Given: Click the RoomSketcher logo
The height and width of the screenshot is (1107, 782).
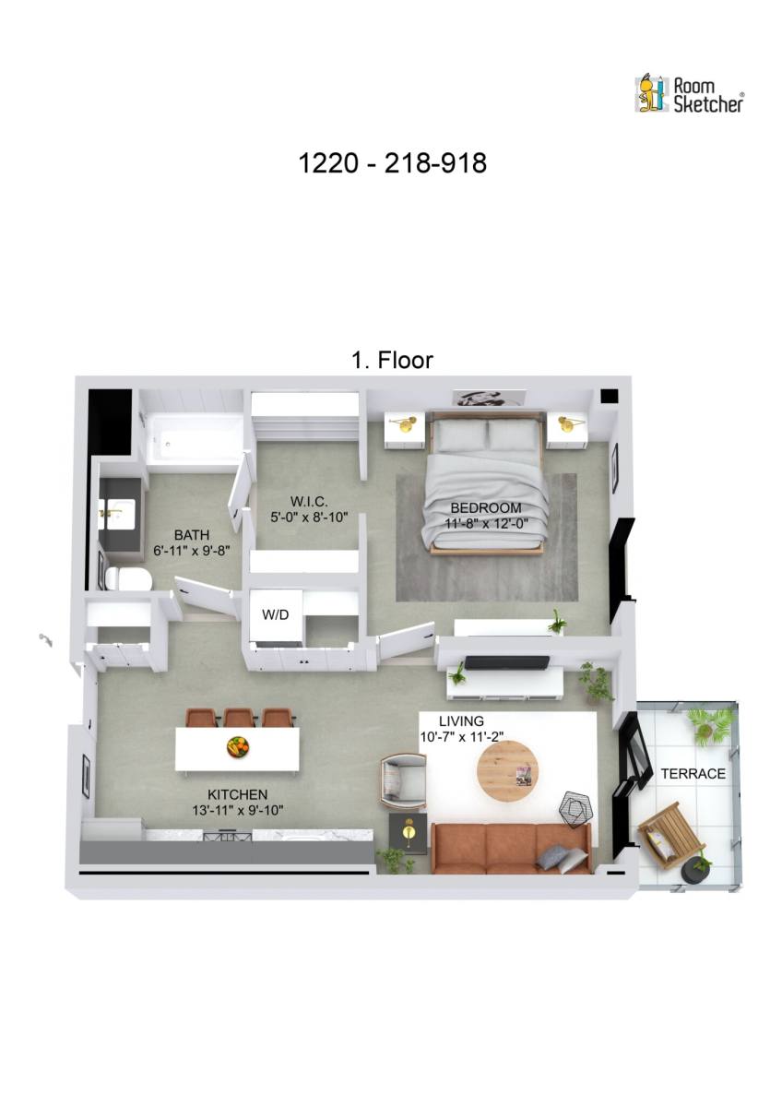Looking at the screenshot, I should pyautogui.click(x=689, y=94).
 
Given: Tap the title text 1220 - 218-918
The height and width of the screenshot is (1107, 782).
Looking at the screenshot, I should pyautogui.click(x=392, y=163).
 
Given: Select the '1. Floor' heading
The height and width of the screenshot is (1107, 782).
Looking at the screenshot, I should pyautogui.click(x=392, y=360).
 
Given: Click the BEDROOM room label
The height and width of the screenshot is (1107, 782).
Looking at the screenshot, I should pyautogui.click(x=486, y=507).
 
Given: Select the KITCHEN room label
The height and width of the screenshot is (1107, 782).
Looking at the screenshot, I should pyautogui.click(x=237, y=794).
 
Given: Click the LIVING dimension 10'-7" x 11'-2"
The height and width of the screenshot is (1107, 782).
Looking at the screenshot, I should pyautogui.click(x=461, y=735).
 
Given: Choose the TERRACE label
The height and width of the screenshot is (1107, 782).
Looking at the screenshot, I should pyautogui.click(x=693, y=773).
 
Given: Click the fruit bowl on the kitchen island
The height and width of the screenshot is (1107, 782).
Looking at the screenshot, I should pyautogui.click(x=238, y=746).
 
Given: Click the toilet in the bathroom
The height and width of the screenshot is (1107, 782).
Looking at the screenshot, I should pyautogui.click(x=128, y=579).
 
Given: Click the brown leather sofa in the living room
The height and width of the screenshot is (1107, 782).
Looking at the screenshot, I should pyautogui.click(x=510, y=848).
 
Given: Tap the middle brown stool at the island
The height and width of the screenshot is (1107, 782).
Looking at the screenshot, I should pyautogui.click(x=239, y=717).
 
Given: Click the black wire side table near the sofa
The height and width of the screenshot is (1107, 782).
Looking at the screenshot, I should pyautogui.click(x=575, y=810).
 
